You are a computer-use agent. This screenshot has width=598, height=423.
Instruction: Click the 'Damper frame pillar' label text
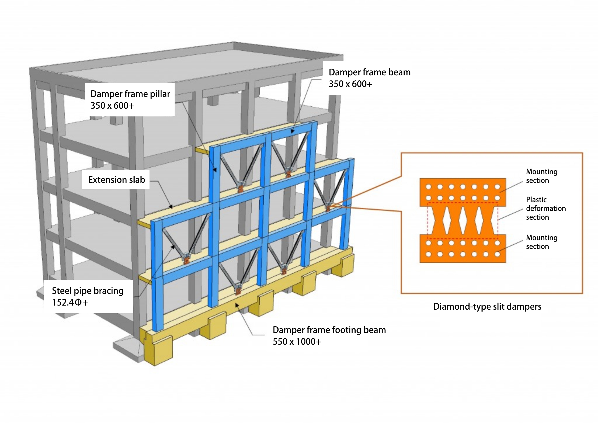click(130, 94)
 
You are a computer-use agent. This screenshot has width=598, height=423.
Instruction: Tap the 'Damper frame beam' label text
click(369, 72)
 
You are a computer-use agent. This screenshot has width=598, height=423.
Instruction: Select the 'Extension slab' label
click(116, 180)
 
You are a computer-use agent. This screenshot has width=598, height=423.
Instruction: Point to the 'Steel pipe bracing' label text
click(88, 291)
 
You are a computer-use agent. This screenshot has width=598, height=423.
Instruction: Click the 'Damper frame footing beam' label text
click(329, 330)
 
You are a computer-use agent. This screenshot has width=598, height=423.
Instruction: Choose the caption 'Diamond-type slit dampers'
click(487, 306)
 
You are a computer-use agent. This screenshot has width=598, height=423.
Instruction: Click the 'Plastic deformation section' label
click(545, 208)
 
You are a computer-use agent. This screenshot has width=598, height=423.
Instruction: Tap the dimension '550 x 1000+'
click(297, 341)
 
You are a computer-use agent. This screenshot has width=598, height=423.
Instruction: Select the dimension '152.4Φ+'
click(70, 302)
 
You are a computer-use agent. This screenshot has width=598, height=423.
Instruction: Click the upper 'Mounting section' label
click(541, 176)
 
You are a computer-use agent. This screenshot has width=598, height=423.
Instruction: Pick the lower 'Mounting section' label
click(541, 242)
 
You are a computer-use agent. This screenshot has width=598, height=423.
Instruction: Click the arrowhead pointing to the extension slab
click(171, 207)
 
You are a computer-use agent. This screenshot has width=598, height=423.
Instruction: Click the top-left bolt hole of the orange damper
click(428, 187)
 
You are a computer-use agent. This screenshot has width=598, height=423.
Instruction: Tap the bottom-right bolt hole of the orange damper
click(497, 254)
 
